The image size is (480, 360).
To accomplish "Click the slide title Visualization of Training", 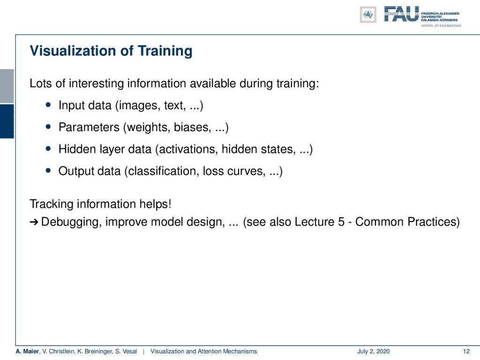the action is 111,51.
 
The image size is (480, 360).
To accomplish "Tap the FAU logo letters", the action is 401,14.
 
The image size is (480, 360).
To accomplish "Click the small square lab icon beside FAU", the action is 368,15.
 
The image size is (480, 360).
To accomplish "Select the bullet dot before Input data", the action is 48,105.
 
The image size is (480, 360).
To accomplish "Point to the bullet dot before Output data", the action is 48,170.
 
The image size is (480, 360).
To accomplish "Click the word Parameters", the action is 89,127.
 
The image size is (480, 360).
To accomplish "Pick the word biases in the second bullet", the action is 192,127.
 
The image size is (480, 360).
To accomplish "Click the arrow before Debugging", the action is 34,222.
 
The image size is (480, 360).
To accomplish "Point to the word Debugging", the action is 71,222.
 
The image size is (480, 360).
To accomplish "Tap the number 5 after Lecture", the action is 341,222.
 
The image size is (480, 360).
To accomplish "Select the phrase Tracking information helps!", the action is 100,204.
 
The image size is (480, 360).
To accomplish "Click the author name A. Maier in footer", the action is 27,352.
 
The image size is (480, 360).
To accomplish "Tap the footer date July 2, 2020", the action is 373,352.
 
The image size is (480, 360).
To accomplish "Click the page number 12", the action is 466,352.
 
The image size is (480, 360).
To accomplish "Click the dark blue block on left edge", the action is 7,121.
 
